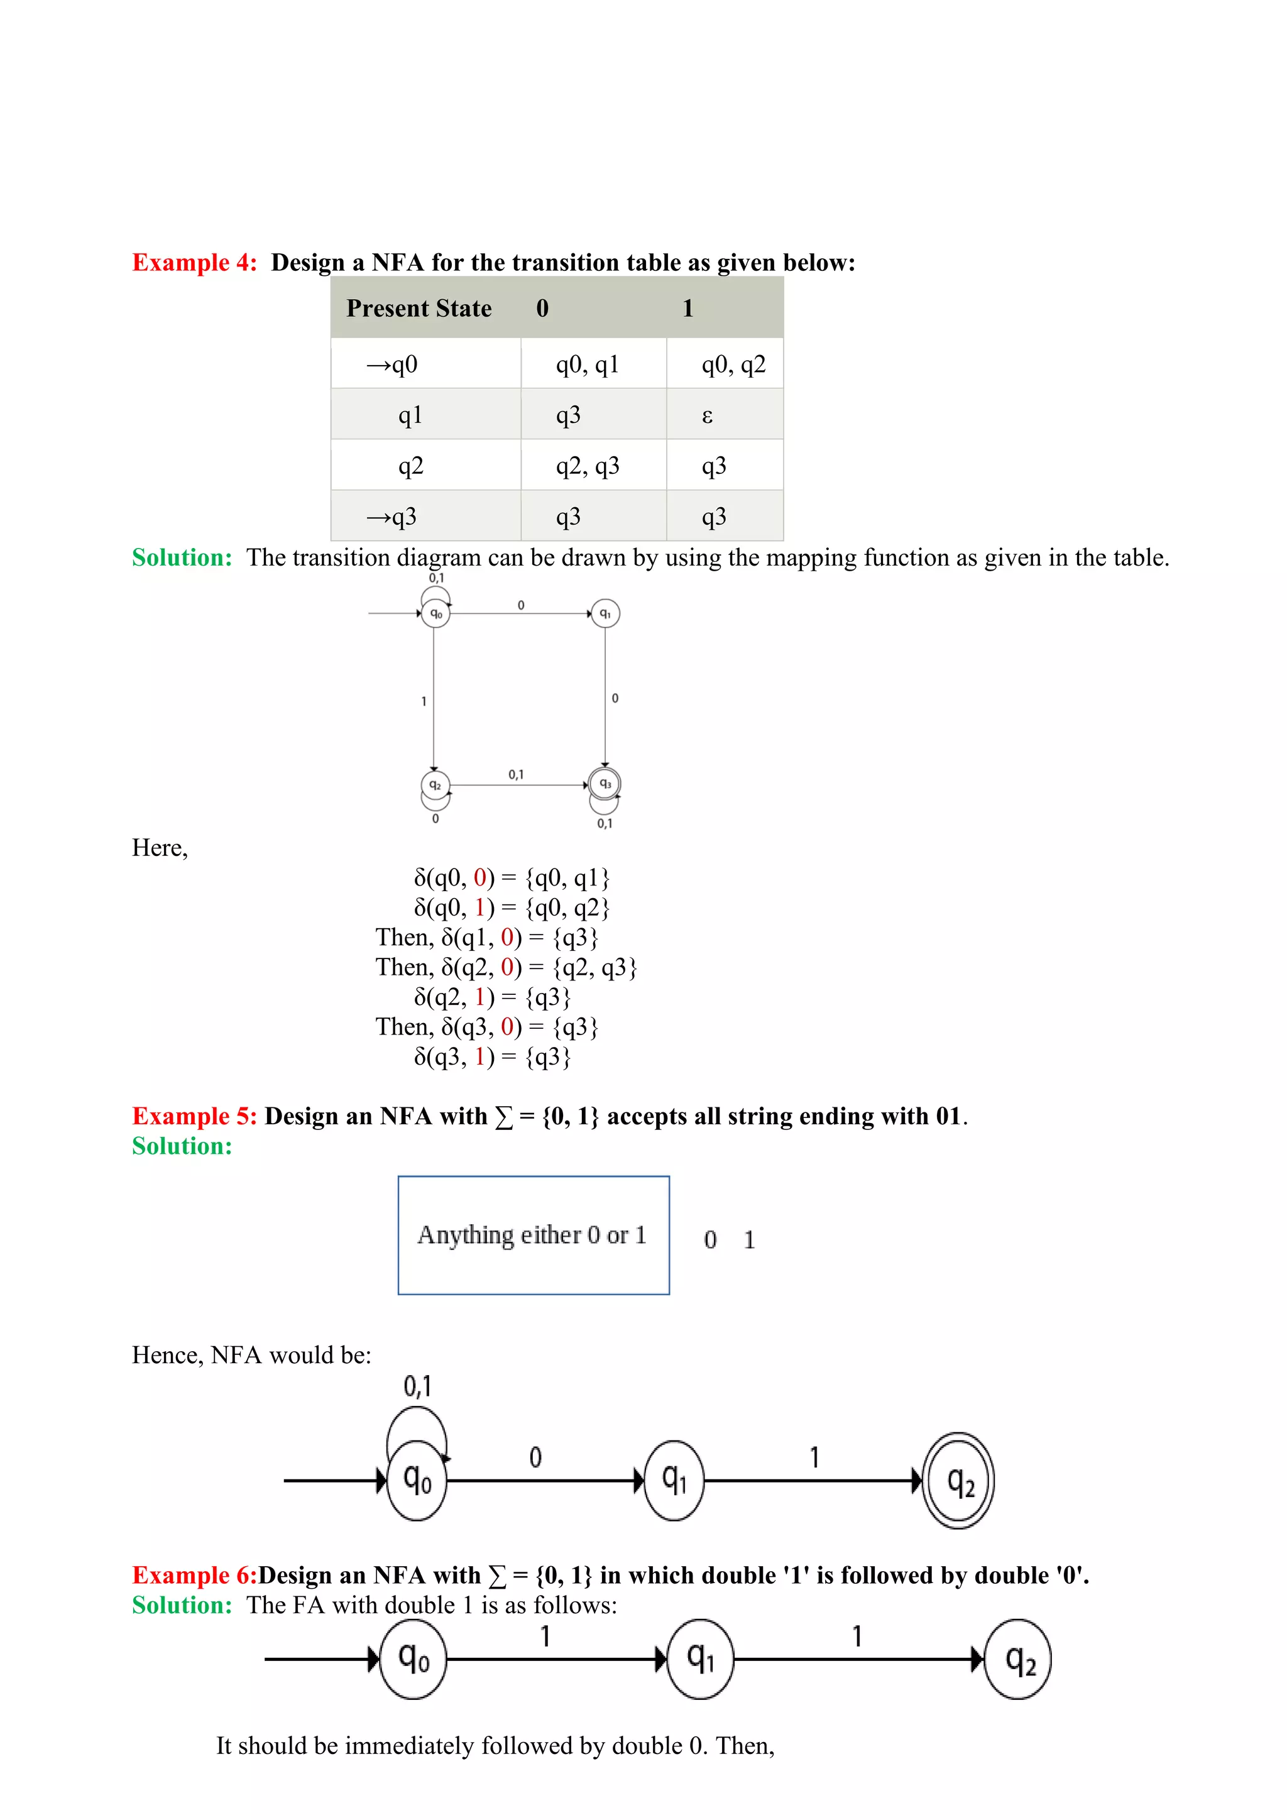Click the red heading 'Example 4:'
(x=194, y=262)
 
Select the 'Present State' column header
(x=419, y=309)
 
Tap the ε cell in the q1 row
(x=708, y=415)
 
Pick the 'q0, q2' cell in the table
(x=733, y=365)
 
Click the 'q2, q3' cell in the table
(x=587, y=466)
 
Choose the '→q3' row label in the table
(x=392, y=517)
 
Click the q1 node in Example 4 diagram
(x=605, y=613)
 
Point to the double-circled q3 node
(x=605, y=784)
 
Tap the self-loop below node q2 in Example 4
(x=435, y=804)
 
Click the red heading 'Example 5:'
(x=194, y=1116)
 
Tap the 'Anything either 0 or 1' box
(x=534, y=1235)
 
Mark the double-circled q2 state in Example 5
(x=959, y=1480)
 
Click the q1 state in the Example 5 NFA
(x=674, y=1480)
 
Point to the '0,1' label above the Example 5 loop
(x=418, y=1386)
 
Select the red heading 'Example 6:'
(x=194, y=1575)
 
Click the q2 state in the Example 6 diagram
(x=1017, y=1659)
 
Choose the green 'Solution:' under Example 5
(x=182, y=1146)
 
